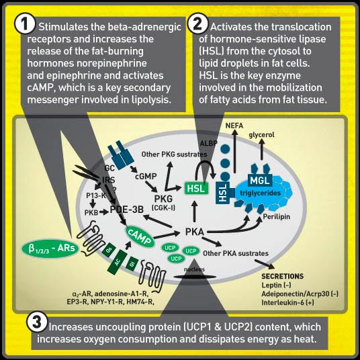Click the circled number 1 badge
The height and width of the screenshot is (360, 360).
(x=25, y=24)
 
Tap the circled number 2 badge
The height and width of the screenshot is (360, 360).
(x=197, y=24)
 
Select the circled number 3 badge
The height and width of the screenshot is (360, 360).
(x=37, y=322)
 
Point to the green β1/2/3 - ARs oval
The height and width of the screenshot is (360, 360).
(x=50, y=249)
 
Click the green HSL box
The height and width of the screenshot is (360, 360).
(x=196, y=188)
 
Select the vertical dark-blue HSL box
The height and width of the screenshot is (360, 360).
(x=223, y=192)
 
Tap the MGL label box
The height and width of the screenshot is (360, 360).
(x=260, y=181)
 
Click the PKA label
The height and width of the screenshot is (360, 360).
(x=195, y=232)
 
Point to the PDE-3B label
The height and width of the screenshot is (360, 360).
(x=127, y=210)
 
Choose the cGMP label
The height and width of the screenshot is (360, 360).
(x=146, y=177)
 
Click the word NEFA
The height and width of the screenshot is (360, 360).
(x=234, y=126)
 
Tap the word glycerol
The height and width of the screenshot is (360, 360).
(x=261, y=135)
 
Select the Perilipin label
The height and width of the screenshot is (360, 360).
(x=277, y=217)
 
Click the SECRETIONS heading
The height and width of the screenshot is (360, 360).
(x=283, y=276)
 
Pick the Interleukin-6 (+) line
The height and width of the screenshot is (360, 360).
(x=287, y=302)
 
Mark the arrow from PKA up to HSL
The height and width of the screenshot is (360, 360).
(x=195, y=211)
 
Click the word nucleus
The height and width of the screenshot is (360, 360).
(x=194, y=269)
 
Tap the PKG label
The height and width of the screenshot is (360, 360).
(x=163, y=199)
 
